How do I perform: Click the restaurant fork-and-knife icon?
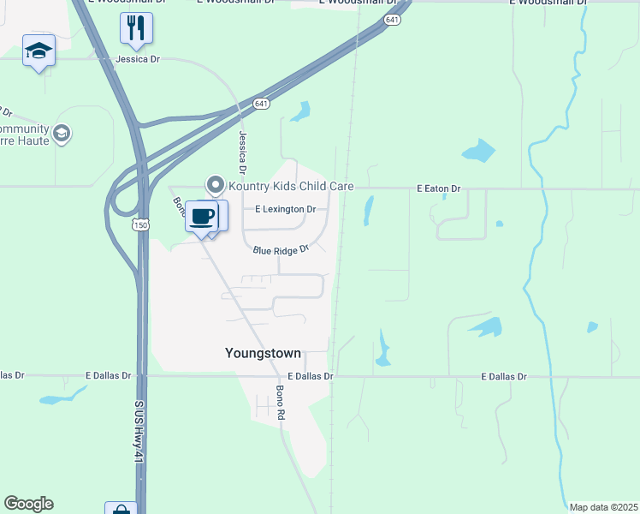pyautogui.click(x=136, y=27)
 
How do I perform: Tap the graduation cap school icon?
pyautogui.click(x=39, y=51)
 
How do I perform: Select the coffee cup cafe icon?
pyautogui.click(x=202, y=216)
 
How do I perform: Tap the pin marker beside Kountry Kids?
pyautogui.click(x=216, y=184)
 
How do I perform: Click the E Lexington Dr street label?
pyautogui.click(x=285, y=209)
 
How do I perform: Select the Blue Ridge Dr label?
pyautogui.click(x=281, y=250)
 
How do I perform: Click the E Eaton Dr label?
pyautogui.click(x=438, y=188)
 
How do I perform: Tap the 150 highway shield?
pyautogui.click(x=140, y=224)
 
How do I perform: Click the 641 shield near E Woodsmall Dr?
pyautogui.click(x=391, y=19)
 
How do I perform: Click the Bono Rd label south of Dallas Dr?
pyautogui.click(x=280, y=402)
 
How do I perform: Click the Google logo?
pyautogui.click(x=28, y=504)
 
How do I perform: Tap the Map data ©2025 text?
pyautogui.click(x=603, y=507)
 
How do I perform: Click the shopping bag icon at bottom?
pyautogui.click(x=121, y=509)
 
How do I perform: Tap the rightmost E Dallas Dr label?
pyautogui.click(x=504, y=376)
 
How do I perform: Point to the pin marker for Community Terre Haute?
pyautogui.click(x=61, y=133)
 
